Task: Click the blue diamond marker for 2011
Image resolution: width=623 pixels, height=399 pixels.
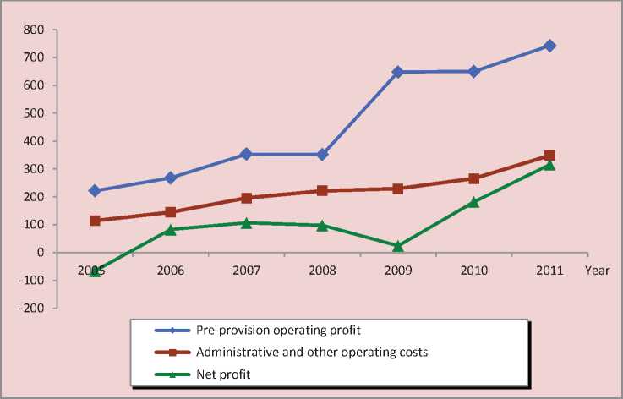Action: (x=549, y=46)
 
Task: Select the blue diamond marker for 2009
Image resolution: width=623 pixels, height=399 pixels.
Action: (x=398, y=72)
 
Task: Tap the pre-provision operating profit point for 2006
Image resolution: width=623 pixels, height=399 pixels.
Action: (x=171, y=178)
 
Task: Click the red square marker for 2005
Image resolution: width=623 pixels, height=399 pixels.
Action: (x=95, y=221)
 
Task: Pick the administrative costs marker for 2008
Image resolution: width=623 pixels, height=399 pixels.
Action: (x=322, y=190)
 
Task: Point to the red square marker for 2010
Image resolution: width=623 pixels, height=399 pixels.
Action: (x=474, y=178)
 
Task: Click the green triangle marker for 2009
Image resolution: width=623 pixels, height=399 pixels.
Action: (x=398, y=246)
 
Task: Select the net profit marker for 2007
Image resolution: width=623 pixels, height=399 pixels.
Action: (x=246, y=222)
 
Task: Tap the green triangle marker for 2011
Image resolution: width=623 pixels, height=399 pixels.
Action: (x=549, y=165)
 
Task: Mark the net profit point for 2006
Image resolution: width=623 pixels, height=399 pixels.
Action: (x=171, y=229)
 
